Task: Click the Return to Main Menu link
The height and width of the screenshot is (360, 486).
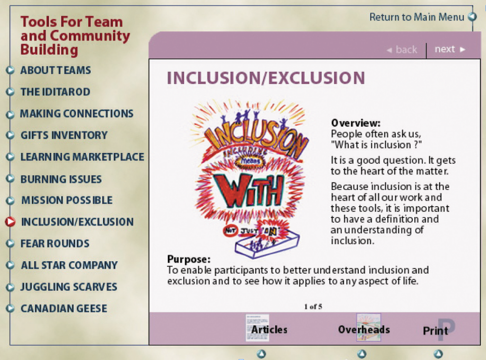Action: tap(417, 17)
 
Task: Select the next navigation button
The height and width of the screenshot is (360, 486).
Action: tap(450, 49)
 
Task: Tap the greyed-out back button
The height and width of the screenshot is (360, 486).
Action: tap(402, 49)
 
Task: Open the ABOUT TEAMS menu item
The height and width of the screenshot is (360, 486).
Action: tap(56, 70)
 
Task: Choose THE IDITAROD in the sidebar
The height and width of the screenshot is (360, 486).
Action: tap(56, 92)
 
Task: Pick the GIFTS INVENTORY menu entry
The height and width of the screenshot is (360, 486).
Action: tap(64, 135)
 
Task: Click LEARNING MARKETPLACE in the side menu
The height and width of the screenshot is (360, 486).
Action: tap(83, 157)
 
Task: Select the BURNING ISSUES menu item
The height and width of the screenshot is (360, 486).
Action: tap(61, 179)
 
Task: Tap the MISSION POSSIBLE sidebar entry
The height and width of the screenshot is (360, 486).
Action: tap(67, 200)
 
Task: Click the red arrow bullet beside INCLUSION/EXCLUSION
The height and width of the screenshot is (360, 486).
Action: tap(10, 221)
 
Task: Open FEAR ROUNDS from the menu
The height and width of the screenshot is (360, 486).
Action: tap(55, 244)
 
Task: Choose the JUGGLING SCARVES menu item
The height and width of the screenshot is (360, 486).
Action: tap(69, 287)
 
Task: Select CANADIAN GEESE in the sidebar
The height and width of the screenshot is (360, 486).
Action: tap(64, 309)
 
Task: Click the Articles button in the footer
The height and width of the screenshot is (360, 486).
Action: tap(269, 329)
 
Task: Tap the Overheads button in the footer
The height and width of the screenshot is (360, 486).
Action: tap(364, 329)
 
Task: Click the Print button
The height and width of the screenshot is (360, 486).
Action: tap(436, 331)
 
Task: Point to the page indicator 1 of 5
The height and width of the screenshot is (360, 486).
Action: tap(313, 307)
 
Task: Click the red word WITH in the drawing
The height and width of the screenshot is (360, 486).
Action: tap(252, 191)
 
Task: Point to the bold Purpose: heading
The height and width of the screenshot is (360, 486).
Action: tap(189, 259)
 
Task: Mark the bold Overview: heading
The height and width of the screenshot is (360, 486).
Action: tap(356, 123)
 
